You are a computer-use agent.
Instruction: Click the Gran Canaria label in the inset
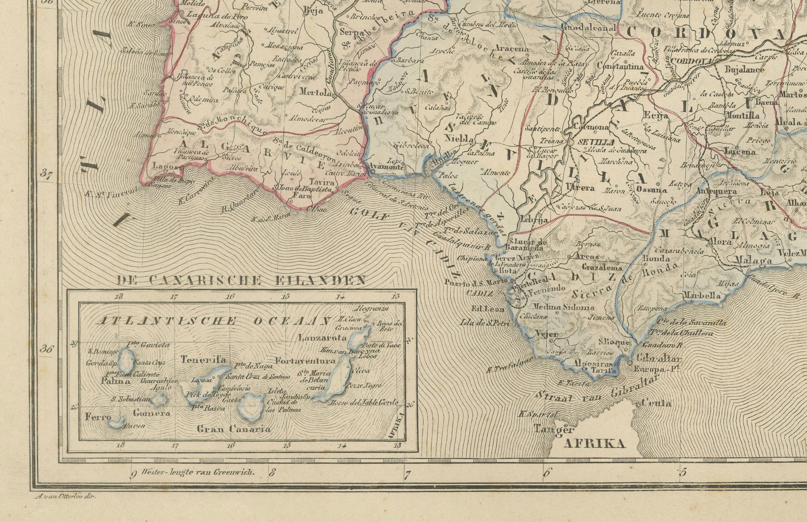(234, 429)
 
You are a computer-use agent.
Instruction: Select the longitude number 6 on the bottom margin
(546, 482)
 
